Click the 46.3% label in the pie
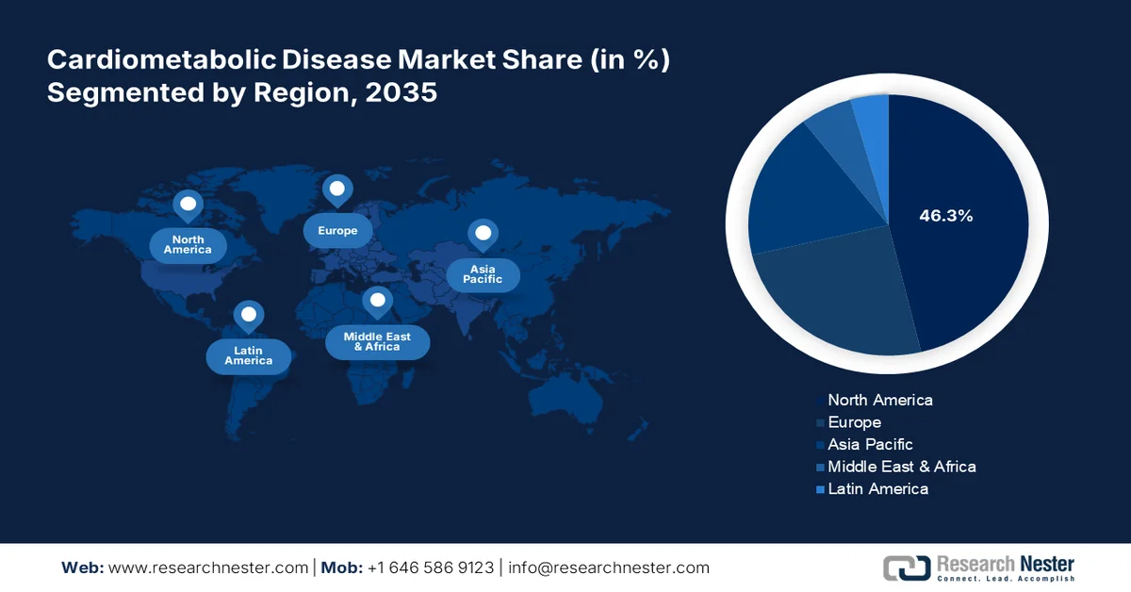[x=945, y=216]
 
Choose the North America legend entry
[x=879, y=400]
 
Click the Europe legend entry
[x=854, y=422]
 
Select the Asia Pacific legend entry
[x=869, y=444]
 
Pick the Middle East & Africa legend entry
[x=901, y=467]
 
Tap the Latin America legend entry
[x=877, y=488]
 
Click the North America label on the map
[x=188, y=245]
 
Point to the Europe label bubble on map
[x=337, y=231]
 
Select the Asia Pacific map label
[x=483, y=274]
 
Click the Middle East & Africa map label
[x=377, y=341]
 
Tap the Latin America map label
[x=249, y=355]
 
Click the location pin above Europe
[x=337, y=190]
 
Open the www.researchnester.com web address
[x=208, y=567]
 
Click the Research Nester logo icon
[x=905, y=567]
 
